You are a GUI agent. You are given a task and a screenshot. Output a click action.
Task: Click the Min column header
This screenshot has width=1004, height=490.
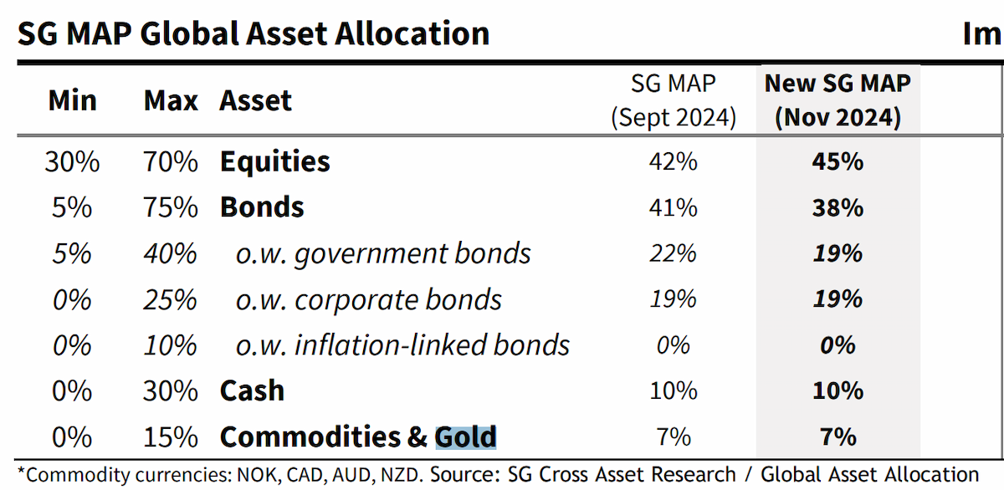pyautogui.click(x=73, y=100)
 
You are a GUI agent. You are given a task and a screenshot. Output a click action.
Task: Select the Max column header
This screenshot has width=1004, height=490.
pyautogui.click(x=171, y=100)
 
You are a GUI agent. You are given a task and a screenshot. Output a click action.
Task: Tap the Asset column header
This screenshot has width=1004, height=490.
pyautogui.click(x=255, y=100)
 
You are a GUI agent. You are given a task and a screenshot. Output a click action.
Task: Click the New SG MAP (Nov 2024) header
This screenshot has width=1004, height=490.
pyautogui.click(x=838, y=100)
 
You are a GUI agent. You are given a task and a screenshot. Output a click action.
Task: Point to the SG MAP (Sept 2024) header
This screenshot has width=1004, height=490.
pyautogui.click(x=674, y=100)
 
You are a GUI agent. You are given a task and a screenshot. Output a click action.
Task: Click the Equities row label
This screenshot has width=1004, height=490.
pyautogui.click(x=274, y=161)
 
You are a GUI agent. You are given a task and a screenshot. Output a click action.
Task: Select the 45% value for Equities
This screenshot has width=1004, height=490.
pyautogui.click(x=838, y=161)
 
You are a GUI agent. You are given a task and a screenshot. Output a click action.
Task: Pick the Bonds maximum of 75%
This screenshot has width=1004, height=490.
pyautogui.click(x=171, y=207)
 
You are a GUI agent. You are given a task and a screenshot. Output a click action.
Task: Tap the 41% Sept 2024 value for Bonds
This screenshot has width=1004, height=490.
pyautogui.click(x=674, y=207)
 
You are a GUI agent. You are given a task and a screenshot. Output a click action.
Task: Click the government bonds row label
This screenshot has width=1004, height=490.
pyautogui.click(x=383, y=253)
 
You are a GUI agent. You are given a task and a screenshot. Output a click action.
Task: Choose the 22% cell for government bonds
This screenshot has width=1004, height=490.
pyautogui.click(x=674, y=253)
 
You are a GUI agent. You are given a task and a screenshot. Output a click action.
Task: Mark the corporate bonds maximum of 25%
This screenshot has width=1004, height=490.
pyautogui.click(x=171, y=299)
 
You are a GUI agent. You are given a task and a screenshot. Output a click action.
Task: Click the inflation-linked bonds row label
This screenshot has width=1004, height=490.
pyautogui.click(x=402, y=345)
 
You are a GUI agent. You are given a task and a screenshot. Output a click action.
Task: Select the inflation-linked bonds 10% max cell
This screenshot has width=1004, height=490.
pyautogui.click(x=171, y=346)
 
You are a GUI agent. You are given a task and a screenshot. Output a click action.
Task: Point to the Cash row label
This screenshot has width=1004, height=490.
pyautogui.click(x=252, y=391)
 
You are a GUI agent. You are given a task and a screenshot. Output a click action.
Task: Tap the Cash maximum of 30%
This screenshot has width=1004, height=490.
pyautogui.click(x=171, y=391)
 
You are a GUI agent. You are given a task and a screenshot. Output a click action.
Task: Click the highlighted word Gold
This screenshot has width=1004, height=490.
pyautogui.click(x=466, y=436)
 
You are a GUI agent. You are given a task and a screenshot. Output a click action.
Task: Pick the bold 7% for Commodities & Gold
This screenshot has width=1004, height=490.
pyautogui.click(x=838, y=436)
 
